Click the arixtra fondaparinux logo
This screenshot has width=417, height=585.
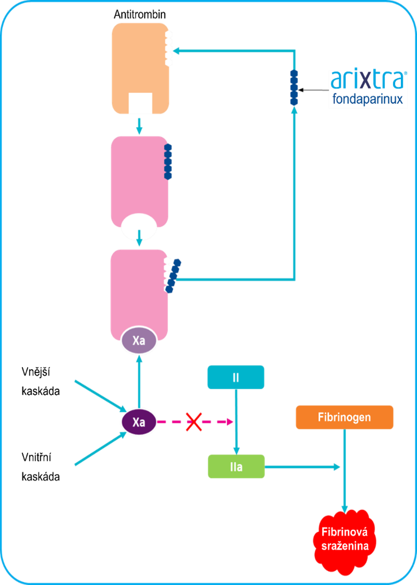point(368,89)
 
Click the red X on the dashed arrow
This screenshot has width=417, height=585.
point(194,422)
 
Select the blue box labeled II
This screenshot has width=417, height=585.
point(236,377)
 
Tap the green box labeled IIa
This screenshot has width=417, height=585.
point(236,466)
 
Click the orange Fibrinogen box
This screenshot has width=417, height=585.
point(344,417)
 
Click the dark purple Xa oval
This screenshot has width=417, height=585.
point(139,422)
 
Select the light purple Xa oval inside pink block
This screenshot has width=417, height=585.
point(139,341)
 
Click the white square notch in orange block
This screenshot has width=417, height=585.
point(140,103)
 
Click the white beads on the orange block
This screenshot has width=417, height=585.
point(169,48)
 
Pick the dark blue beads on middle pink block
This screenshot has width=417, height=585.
point(168,162)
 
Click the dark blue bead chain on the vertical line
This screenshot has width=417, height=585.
point(294,87)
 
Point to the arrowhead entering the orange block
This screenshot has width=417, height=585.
point(176,51)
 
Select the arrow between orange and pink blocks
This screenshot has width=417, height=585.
point(139,125)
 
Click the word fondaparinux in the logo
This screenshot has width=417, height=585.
point(368,99)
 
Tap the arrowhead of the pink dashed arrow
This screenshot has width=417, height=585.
point(230,422)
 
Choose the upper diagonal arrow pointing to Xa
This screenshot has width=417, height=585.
point(99,394)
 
